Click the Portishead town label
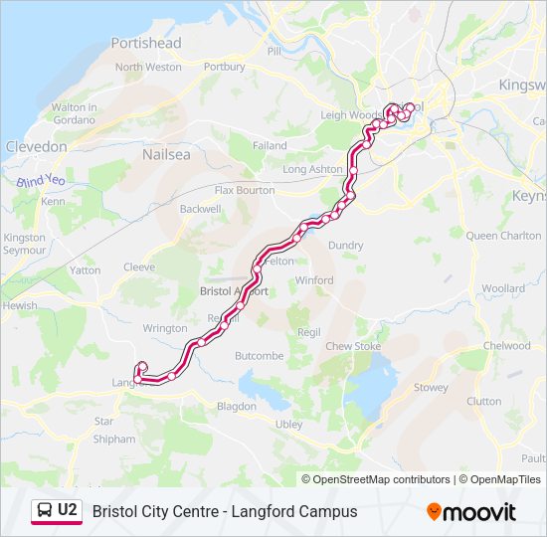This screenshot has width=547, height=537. (x=146, y=43)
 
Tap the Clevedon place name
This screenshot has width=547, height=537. (x=36, y=146)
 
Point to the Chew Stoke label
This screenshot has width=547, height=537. (x=353, y=346)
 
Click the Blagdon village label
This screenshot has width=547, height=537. (x=237, y=406)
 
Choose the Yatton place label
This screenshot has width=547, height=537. (x=85, y=269)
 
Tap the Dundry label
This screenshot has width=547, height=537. (x=345, y=245)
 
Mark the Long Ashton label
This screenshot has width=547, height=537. (x=312, y=170)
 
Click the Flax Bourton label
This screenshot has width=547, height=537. (x=245, y=190)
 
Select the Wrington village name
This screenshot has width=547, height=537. (x=164, y=328)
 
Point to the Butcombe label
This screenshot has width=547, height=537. (x=259, y=355)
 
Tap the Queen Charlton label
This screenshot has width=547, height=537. (x=503, y=236)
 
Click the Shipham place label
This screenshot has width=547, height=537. (x=113, y=439)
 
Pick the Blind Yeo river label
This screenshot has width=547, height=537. (x=40, y=182)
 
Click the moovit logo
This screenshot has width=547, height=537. (x=471, y=512)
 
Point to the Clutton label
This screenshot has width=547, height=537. (x=483, y=401)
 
